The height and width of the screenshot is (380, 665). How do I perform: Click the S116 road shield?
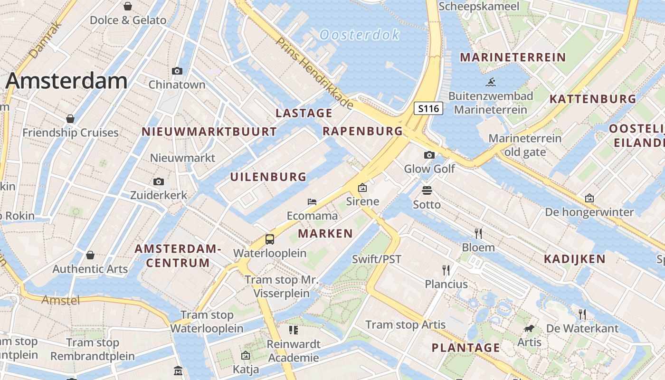(428, 108)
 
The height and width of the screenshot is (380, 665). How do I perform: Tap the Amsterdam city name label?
(66, 81)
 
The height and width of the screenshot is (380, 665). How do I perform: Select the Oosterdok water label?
(360, 35)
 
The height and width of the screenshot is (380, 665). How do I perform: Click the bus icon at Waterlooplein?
(270, 239)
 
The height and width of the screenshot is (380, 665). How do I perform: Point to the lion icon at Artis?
(529, 328)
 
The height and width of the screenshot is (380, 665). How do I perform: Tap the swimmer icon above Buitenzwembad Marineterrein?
(491, 82)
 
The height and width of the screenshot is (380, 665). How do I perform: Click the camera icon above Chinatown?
(177, 71)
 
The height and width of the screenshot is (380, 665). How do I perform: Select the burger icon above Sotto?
(427, 190)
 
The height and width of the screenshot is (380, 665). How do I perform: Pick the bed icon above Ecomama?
(312, 201)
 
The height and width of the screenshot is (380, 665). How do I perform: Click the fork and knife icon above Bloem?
(478, 233)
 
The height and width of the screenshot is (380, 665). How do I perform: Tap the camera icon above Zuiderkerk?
(159, 181)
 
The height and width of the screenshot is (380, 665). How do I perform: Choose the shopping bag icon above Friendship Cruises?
(70, 118)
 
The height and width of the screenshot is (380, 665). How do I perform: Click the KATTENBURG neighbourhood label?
(592, 99)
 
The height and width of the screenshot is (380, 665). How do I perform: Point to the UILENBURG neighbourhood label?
(268, 177)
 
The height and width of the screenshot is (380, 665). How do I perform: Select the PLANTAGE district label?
(465, 348)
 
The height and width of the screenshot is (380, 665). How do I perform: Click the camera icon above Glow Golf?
(429, 155)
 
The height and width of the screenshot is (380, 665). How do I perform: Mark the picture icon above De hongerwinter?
(589, 198)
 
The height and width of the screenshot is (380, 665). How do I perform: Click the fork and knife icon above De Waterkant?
(582, 314)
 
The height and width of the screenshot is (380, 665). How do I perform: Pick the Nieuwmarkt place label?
(183, 158)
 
